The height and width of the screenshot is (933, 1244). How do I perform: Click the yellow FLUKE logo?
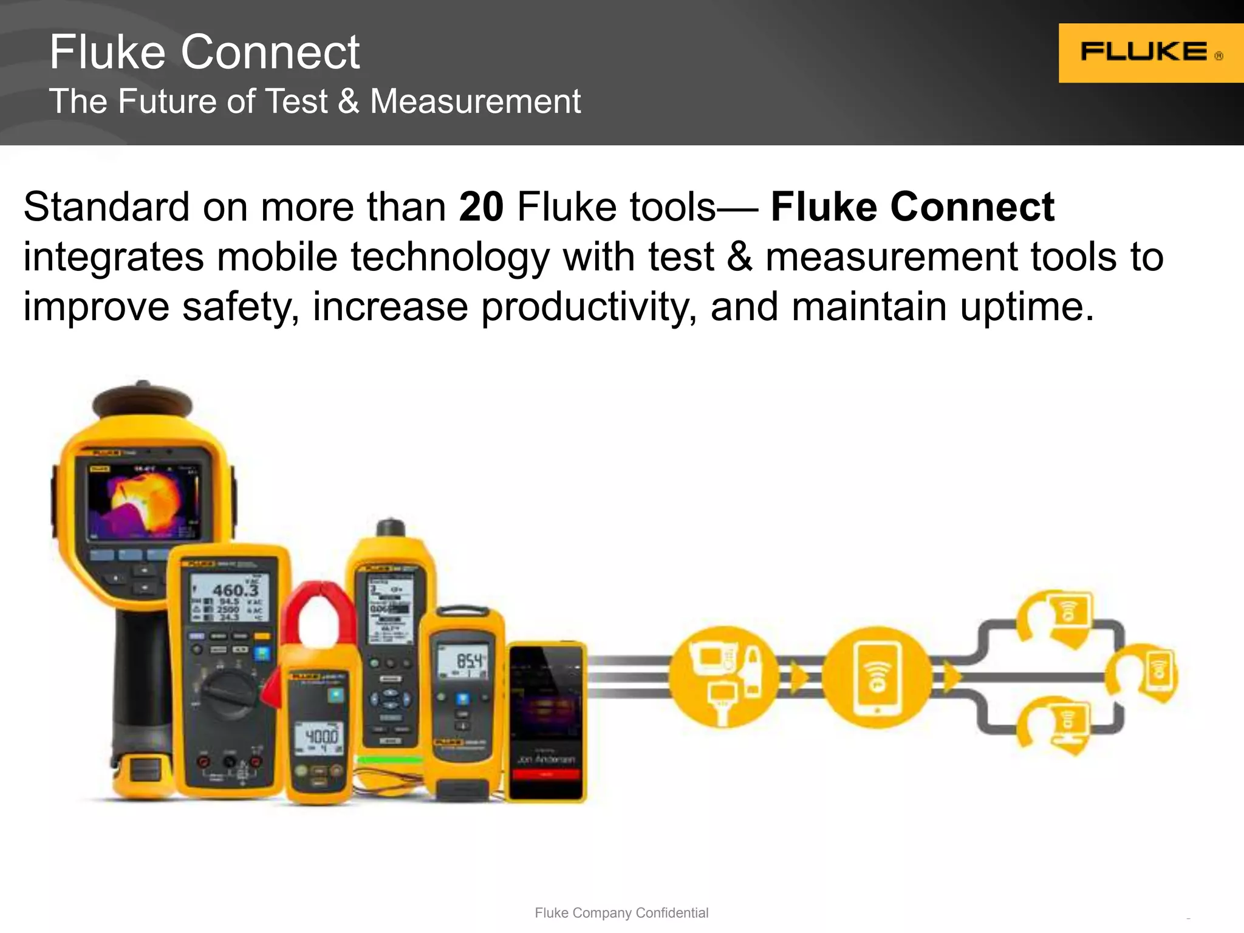(1150, 53)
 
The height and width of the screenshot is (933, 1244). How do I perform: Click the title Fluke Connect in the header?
(205, 52)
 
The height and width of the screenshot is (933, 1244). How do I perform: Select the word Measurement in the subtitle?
(475, 101)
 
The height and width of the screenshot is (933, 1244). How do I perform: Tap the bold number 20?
(481, 207)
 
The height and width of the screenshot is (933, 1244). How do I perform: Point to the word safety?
(240, 307)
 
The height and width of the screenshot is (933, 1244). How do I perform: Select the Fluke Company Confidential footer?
(621, 912)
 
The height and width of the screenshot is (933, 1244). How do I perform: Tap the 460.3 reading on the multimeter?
(235, 589)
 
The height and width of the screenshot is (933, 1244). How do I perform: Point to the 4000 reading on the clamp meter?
(321, 736)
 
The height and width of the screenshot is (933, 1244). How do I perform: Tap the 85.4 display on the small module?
(468, 661)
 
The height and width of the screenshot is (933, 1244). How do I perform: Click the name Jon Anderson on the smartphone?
(546, 759)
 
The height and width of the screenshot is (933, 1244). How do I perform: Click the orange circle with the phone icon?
(877, 677)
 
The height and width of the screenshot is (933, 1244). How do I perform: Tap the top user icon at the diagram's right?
(1057, 617)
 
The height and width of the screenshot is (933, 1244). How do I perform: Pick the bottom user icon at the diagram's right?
(1057, 726)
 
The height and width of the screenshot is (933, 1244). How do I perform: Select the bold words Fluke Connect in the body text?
(912, 207)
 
